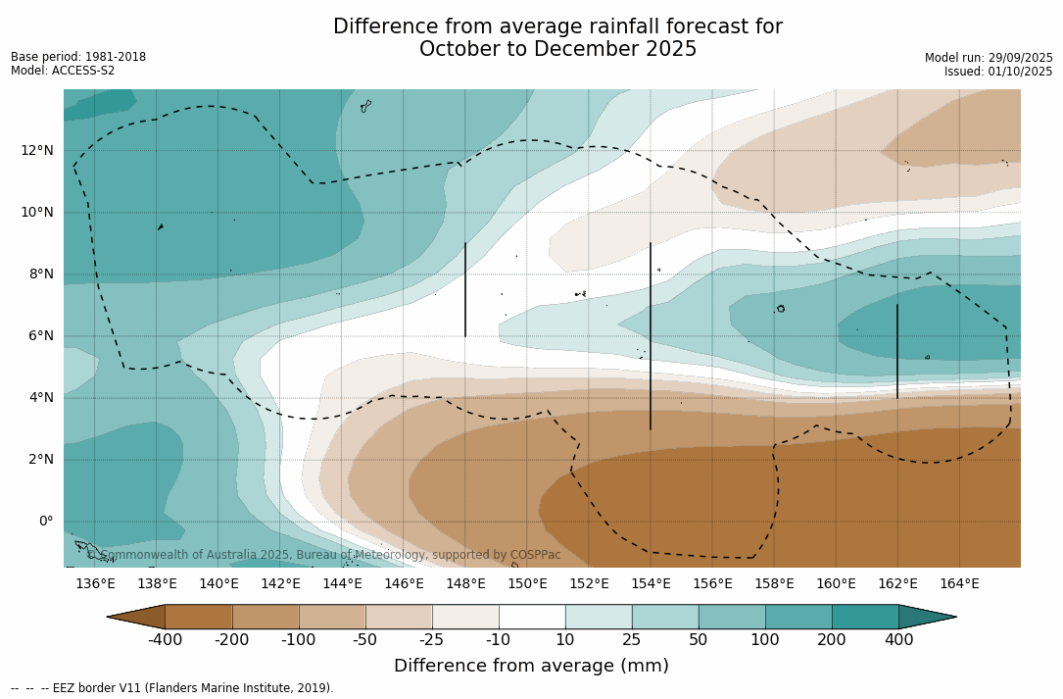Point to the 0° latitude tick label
click(46, 521)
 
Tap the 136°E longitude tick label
click(95, 583)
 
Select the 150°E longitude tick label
click(527, 583)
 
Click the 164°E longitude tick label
click(959, 583)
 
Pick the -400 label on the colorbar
click(166, 640)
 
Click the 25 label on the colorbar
click(632, 640)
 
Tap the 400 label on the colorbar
click(898, 640)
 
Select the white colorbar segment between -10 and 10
click(532, 617)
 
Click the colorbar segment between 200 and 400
click(865, 617)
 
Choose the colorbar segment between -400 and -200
click(199, 617)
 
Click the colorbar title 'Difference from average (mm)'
click(531, 666)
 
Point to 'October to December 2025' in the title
click(557, 49)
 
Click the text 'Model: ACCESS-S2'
click(63, 71)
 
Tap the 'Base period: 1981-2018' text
click(78, 57)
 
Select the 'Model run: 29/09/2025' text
click(989, 58)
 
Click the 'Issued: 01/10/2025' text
click(998, 72)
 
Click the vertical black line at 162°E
click(897, 351)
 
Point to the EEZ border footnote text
click(172, 688)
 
